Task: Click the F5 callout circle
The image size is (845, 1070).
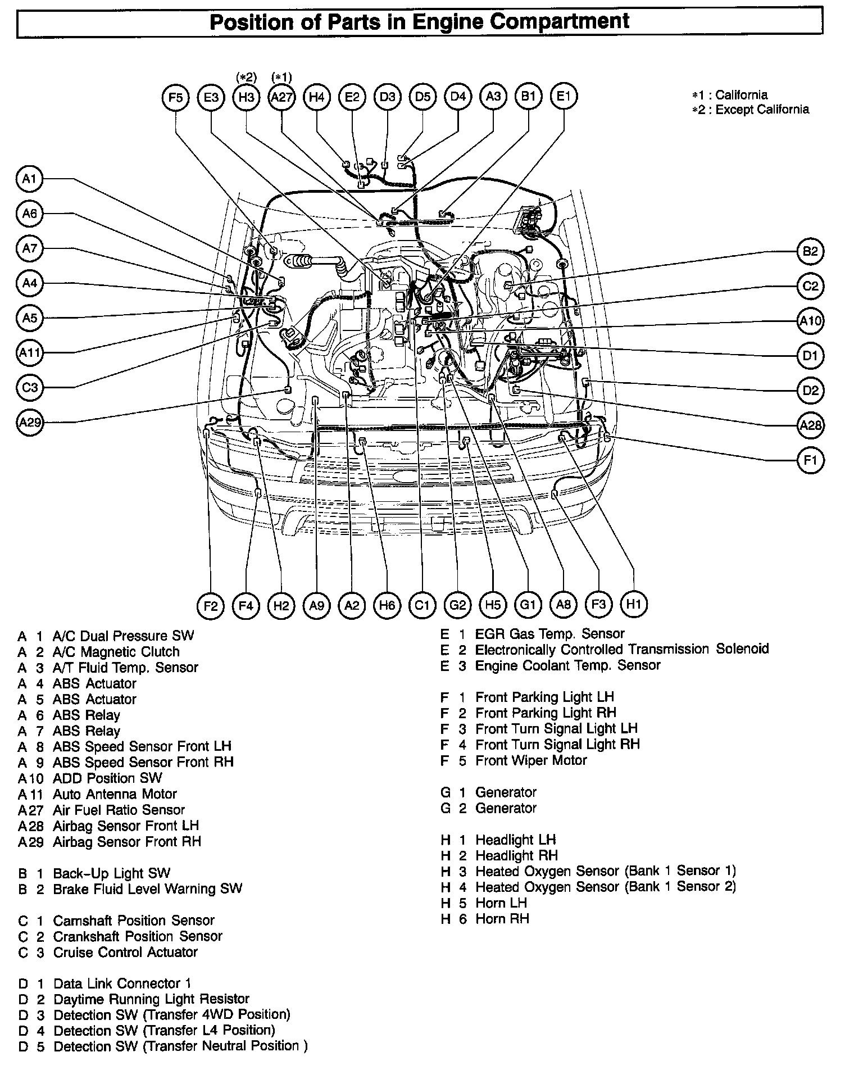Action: pyautogui.click(x=176, y=97)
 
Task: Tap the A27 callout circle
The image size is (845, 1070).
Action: pyautogui.click(x=281, y=97)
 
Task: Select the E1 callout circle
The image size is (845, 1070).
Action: pyautogui.click(x=564, y=96)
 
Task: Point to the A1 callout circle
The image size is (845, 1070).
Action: pyautogui.click(x=29, y=179)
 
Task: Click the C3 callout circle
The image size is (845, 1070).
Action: pyautogui.click(x=29, y=387)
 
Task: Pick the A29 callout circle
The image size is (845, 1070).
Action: pyautogui.click(x=29, y=422)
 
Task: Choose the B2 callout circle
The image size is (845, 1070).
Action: pyautogui.click(x=810, y=251)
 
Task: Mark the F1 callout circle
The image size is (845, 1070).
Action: pyautogui.click(x=810, y=460)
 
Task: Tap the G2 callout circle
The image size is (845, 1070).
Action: pyautogui.click(x=457, y=605)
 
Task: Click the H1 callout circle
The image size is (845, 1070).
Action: pyautogui.click(x=633, y=604)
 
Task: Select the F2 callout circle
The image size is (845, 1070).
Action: pyautogui.click(x=211, y=605)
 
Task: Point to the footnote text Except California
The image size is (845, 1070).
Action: pyautogui.click(x=762, y=110)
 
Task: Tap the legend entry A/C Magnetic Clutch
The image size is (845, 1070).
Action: pyautogui.click(x=116, y=652)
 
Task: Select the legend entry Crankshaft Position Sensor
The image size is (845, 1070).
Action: pyautogui.click(x=138, y=936)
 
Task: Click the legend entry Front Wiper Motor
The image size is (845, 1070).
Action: pyautogui.click(x=531, y=760)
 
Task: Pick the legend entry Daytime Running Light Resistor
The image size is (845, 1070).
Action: pyautogui.click(x=151, y=999)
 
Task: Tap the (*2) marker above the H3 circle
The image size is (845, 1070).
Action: pyautogui.click(x=246, y=77)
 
